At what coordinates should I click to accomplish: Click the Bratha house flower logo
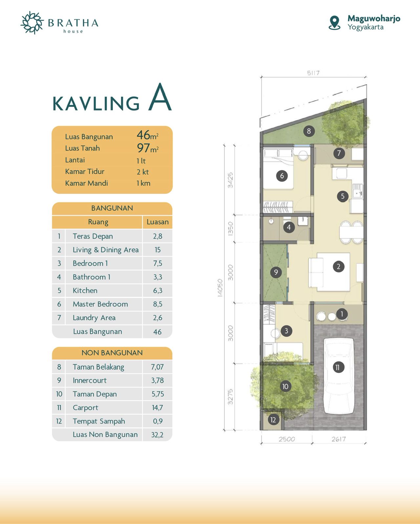tap(32, 23)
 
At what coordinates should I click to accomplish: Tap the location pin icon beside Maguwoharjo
tap(334, 23)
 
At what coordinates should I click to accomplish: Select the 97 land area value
tap(143, 148)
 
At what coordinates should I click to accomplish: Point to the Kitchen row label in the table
tap(85, 290)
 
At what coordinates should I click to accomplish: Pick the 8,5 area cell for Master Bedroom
tap(157, 304)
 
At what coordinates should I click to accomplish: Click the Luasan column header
tap(157, 222)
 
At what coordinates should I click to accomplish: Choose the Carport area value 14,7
tap(157, 408)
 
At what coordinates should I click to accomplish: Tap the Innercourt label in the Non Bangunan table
tap(90, 380)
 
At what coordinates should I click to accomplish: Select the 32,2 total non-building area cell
tap(157, 435)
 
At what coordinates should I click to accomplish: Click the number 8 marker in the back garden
tap(309, 131)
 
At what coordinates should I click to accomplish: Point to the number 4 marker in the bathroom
tap(289, 227)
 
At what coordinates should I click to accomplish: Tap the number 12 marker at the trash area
tap(273, 420)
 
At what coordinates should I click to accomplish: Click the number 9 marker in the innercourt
tap(276, 272)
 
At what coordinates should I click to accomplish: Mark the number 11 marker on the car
tap(338, 367)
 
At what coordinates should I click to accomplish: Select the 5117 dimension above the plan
tap(313, 73)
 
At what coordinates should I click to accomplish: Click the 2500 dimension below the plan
tap(287, 439)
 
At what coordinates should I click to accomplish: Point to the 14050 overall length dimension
tap(220, 288)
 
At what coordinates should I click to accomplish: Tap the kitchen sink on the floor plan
tap(358, 191)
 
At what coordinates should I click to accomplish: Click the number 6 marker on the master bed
tap(282, 176)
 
